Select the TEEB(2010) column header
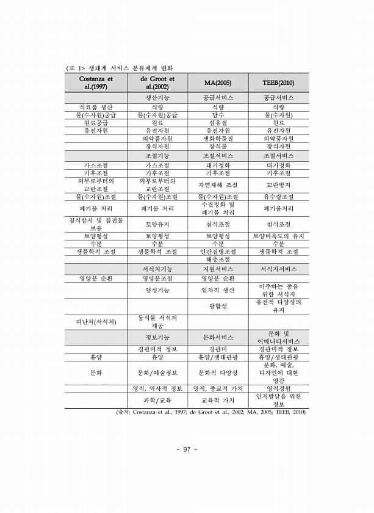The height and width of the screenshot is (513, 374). coord(278,83)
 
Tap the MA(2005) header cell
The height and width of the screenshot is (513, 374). coord(218,83)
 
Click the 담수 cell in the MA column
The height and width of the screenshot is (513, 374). coord(218,115)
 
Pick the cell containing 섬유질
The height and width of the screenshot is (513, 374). coord(218,123)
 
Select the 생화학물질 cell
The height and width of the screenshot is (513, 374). coord(218,139)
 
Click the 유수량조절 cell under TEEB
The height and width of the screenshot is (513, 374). coord(278,197)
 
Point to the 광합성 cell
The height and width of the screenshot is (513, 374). coord(218,305)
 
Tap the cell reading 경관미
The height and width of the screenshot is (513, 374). coord(218,349)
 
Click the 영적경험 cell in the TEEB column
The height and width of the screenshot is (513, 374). coord(278,388)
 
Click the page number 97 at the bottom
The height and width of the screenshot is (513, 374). coord(187,450)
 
